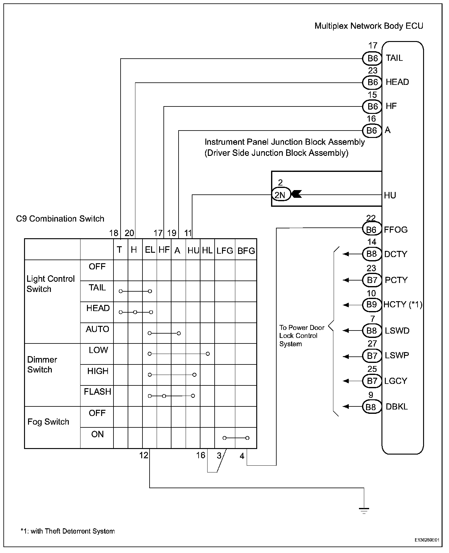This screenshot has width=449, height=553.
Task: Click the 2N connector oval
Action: (281, 195)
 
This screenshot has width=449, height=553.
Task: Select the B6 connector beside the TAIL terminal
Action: (372, 58)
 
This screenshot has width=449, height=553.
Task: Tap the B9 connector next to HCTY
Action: (372, 305)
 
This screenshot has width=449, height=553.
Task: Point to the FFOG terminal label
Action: (396, 230)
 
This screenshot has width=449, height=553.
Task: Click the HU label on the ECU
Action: (390, 195)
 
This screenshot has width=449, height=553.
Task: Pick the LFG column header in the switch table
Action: (224, 251)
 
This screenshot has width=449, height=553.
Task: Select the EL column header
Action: (150, 250)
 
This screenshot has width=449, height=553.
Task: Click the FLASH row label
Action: (97, 392)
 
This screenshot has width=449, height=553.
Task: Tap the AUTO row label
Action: (97, 329)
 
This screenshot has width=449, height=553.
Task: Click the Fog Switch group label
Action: (48, 422)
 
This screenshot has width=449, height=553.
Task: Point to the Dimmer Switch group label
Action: (42, 364)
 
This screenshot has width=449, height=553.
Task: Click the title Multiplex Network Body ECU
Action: (369, 26)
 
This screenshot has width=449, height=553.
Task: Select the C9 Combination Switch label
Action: (60, 219)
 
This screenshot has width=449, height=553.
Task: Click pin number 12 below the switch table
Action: (144, 455)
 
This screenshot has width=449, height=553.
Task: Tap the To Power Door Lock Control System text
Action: (301, 336)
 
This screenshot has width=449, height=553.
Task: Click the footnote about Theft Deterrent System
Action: (68, 531)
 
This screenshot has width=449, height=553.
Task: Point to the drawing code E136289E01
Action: (426, 540)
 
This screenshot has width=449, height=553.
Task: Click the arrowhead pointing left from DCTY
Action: (346, 254)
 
